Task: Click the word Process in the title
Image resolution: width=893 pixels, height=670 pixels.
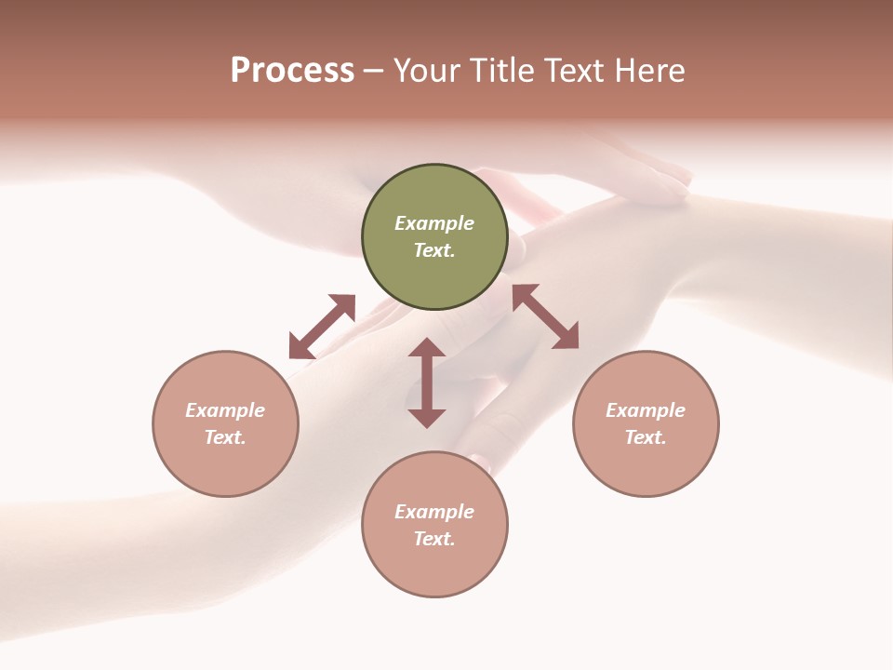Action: pyautogui.click(x=292, y=71)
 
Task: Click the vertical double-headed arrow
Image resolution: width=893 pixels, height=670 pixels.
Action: pyautogui.click(x=427, y=382)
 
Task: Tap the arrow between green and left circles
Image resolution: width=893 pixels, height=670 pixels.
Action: pyautogui.click(x=322, y=326)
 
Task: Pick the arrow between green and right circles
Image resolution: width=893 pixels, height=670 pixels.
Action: pyautogui.click(x=545, y=316)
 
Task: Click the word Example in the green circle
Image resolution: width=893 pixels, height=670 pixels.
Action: pyautogui.click(x=434, y=223)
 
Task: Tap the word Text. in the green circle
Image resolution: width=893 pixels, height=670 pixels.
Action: pyautogui.click(x=434, y=250)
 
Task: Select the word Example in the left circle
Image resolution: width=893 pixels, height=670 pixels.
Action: pyautogui.click(x=225, y=410)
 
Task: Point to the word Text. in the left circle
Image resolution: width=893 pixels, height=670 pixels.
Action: pyautogui.click(x=225, y=437)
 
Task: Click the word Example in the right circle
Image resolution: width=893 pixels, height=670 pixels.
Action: pyautogui.click(x=646, y=410)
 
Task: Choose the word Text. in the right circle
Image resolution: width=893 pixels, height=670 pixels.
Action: pyautogui.click(x=646, y=437)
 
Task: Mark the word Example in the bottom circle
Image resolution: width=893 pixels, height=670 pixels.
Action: pyautogui.click(x=434, y=512)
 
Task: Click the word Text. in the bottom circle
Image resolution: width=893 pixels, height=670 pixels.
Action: pyautogui.click(x=434, y=539)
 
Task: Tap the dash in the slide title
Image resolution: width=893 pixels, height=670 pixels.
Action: pyautogui.click(x=374, y=72)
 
